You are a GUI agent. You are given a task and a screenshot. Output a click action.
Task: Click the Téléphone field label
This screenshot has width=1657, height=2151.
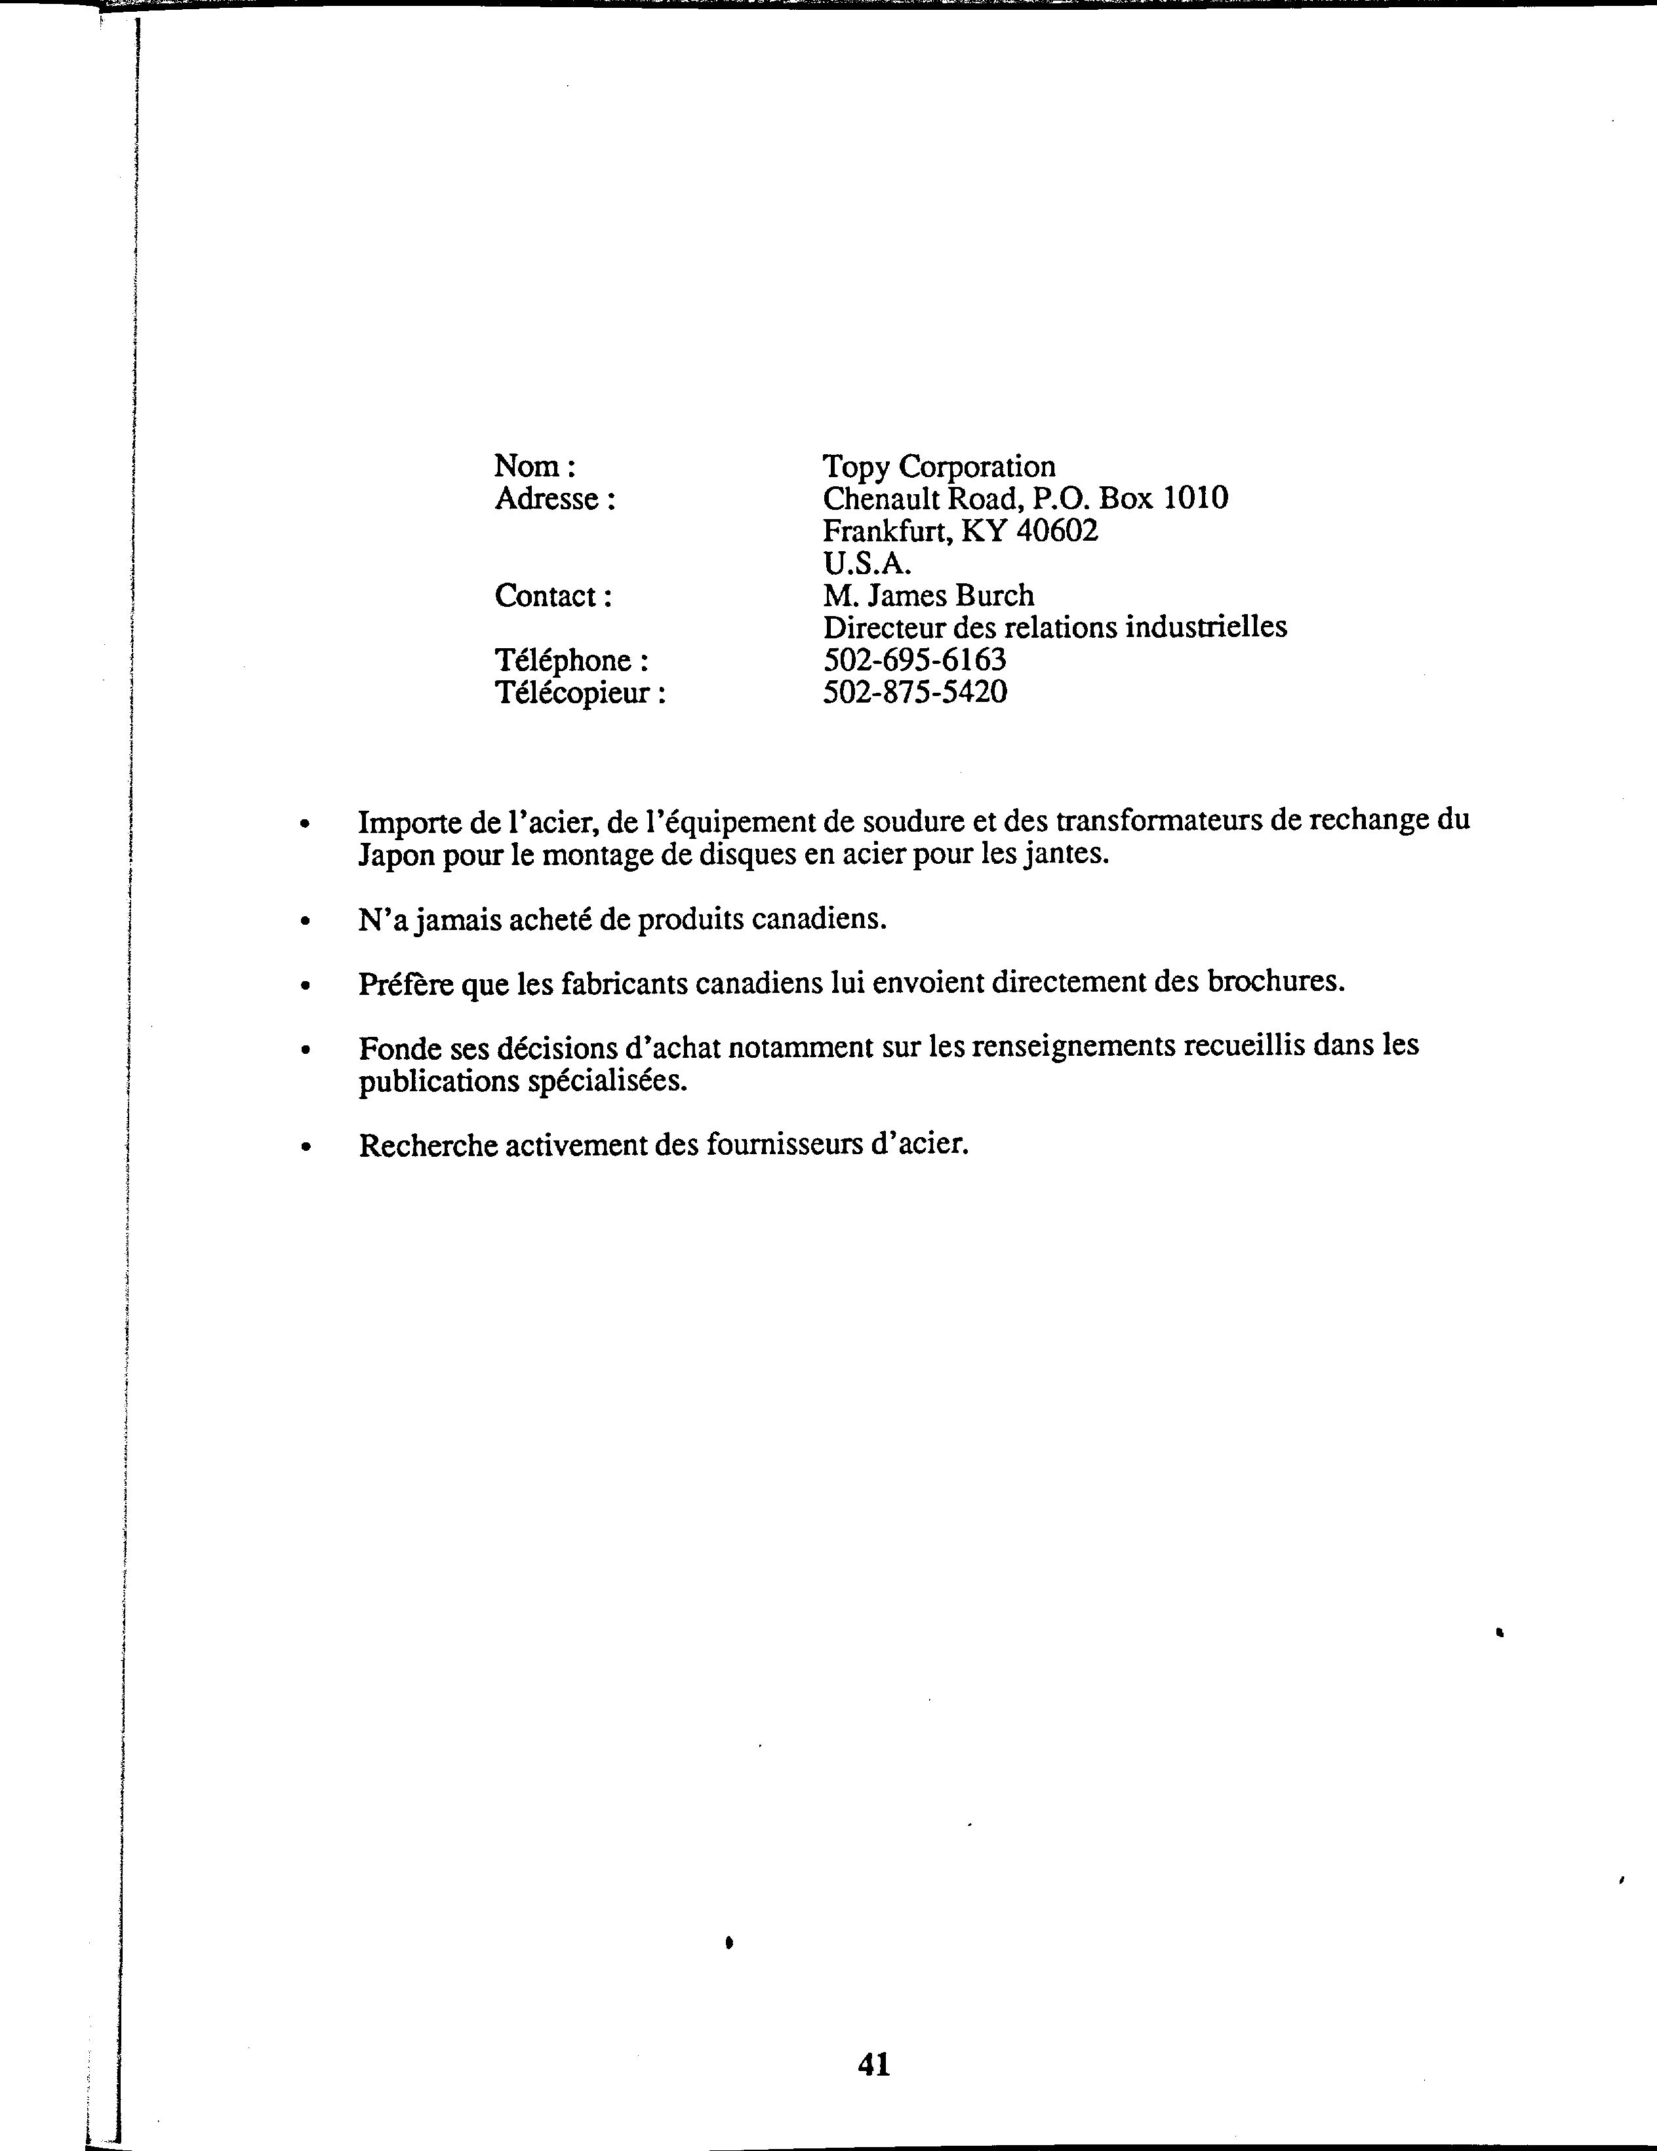click(561, 660)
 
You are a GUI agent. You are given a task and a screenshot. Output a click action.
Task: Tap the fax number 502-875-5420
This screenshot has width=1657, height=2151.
click(914, 691)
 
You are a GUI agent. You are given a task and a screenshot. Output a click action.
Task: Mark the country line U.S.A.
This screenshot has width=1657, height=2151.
click(867, 564)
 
